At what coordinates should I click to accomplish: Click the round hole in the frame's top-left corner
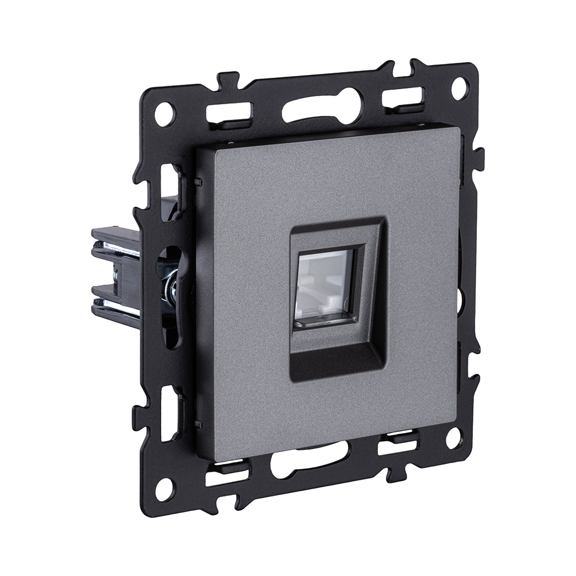(x=164, y=113)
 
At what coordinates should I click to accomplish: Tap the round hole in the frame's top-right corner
(x=460, y=88)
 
